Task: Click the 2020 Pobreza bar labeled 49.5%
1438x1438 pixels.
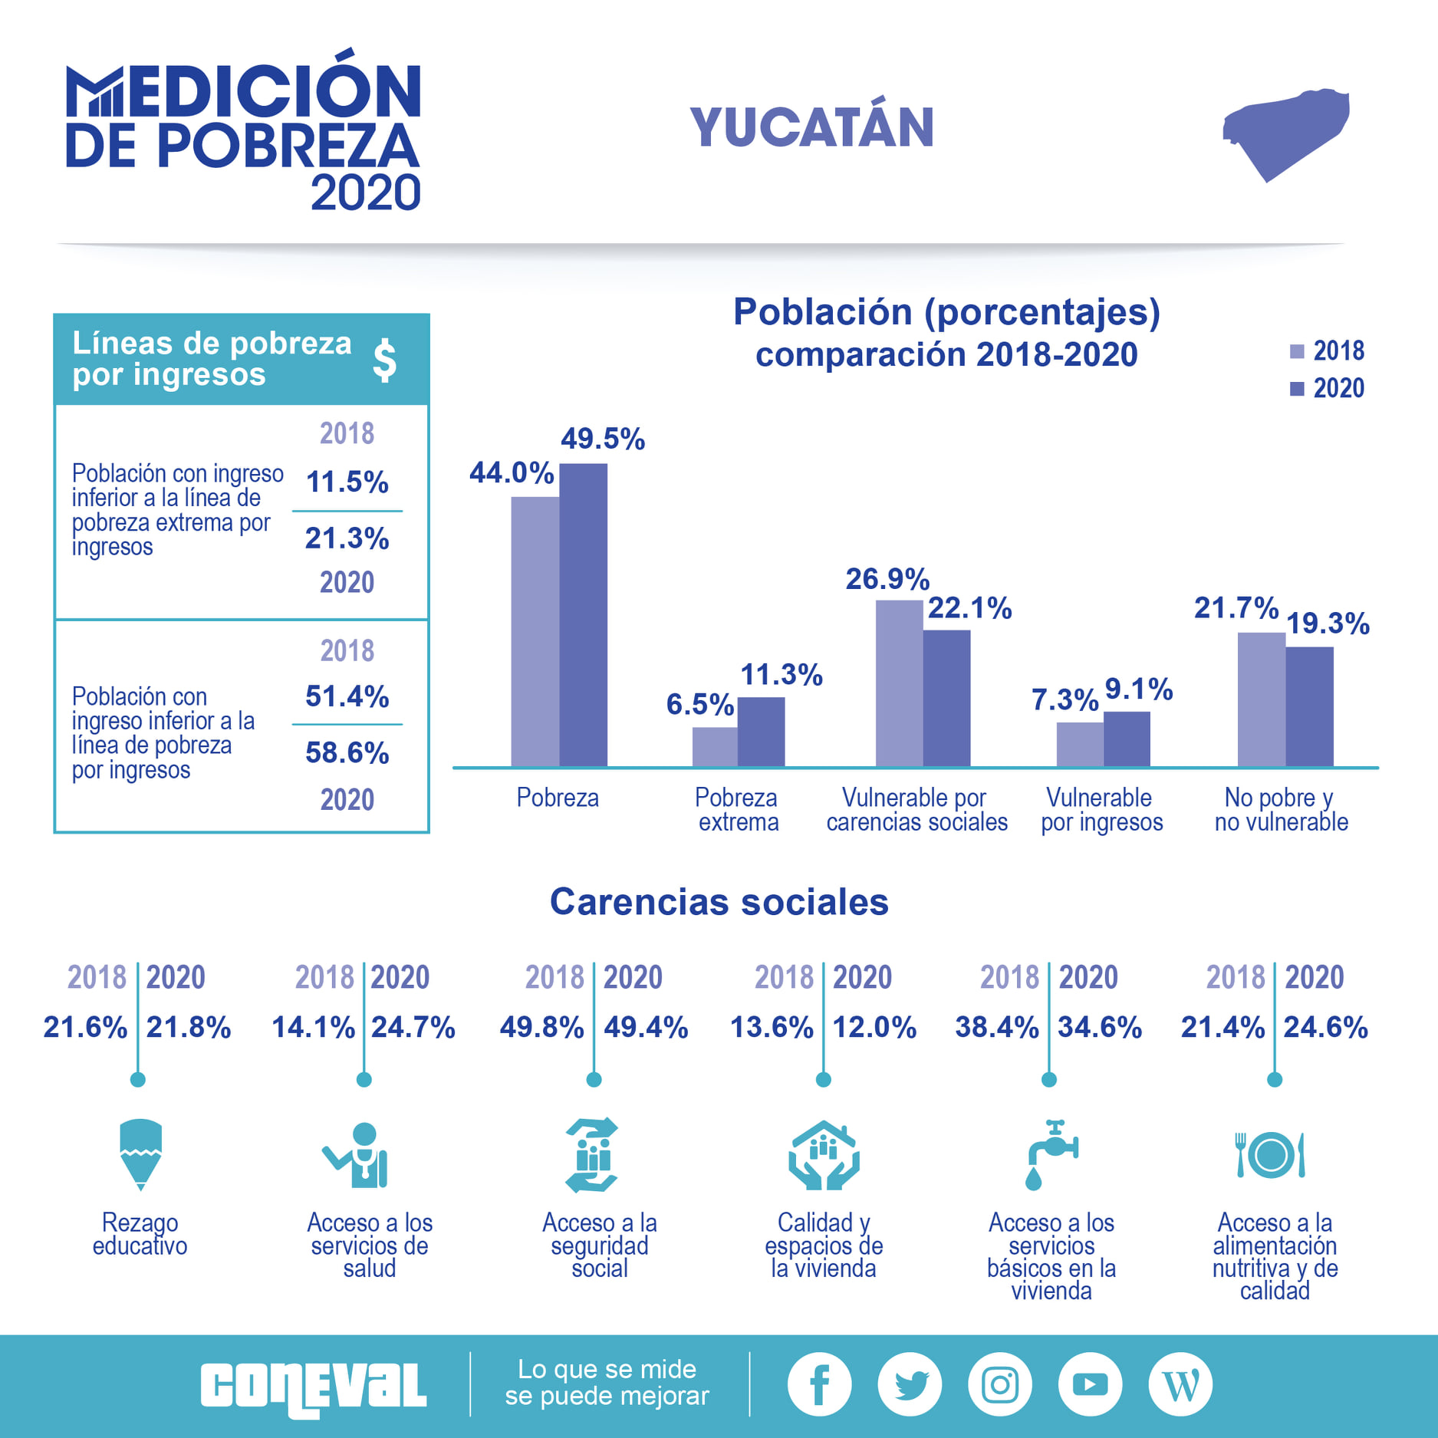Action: pos(583,614)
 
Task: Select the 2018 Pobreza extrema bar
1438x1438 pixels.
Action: pos(715,746)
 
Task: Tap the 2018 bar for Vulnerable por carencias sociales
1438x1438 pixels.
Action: pos(899,683)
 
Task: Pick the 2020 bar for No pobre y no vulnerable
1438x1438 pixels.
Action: pos(1309,706)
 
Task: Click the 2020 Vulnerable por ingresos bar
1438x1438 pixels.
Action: pos(1127,739)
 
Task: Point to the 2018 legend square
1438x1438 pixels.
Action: pos(1297,351)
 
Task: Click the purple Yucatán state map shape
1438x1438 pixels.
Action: pos(1285,130)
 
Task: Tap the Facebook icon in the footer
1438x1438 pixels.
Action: pos(819,1384)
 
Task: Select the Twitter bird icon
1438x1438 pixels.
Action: pos(910,1384)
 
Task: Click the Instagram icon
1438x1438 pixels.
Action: pos(1000,1384)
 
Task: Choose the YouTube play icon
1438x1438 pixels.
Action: pos(1090,1384)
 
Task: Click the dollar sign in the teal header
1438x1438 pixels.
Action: pos(384,360)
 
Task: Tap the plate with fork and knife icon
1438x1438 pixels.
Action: pos(1270,1154)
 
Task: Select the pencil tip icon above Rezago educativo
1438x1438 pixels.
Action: pos(140,1154)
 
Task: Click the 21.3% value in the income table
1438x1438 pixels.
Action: pos(347,538)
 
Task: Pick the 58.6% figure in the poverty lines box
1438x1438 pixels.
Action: pos(347,753)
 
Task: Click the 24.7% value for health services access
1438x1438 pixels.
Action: pos(413,1028)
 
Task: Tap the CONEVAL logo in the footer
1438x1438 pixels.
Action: pos(313,1387)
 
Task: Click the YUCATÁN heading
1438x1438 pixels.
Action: pos(812,127)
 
